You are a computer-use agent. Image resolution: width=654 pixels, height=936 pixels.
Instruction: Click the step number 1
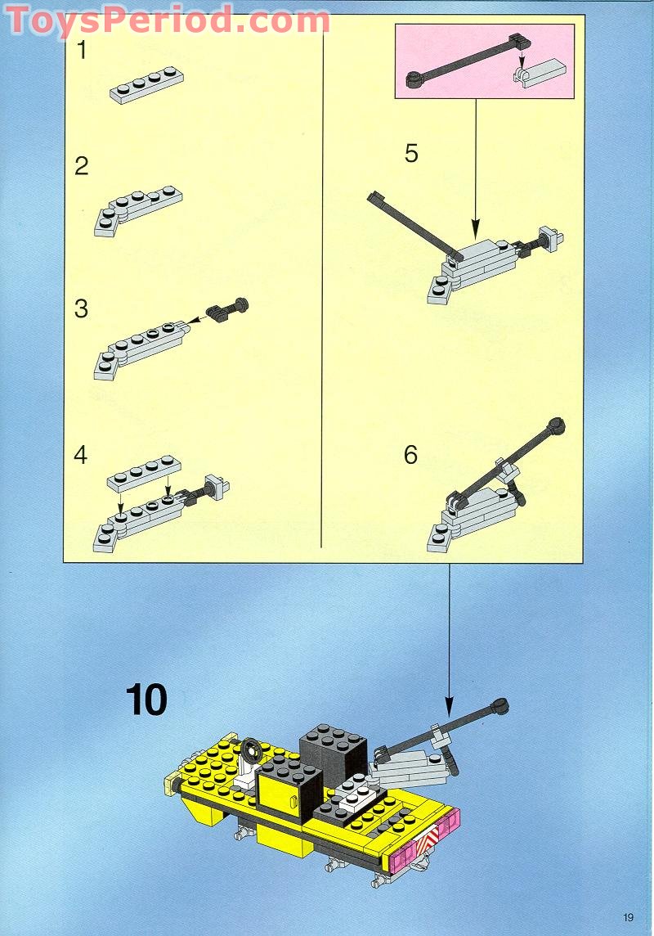pyautogui.click(x=82, y=50)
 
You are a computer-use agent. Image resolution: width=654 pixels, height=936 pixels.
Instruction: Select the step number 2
pyautogui.click(x=82, y=166)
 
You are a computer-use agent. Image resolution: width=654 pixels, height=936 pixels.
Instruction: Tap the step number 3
pyautogui.click(x=81, y=309)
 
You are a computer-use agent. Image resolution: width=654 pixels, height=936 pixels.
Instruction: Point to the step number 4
pyautogui.click(x=80, y=455)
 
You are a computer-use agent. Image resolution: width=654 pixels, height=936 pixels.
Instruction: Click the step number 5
pyautogui.click(x=411, y=153)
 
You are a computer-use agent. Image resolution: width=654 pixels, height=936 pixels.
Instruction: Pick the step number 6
pyautogui.click(x=411, y=455)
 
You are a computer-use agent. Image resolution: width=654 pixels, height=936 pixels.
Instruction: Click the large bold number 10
pyautogui.click(x=147, y=701)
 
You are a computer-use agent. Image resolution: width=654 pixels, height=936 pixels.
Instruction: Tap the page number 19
pyautogui.click(x=628, y=917)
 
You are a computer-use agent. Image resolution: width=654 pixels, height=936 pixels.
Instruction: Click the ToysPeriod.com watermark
pyautogui.click(x=168, y=20)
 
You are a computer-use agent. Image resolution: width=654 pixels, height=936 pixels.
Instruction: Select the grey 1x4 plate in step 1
pyautogui.click(x=146, y=85)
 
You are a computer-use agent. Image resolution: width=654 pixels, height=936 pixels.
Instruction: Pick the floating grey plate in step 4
pyautogui.click(x=146, y=471)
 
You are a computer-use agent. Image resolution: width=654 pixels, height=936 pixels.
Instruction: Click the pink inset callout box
pyautogui.click(x=484, y=61)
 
